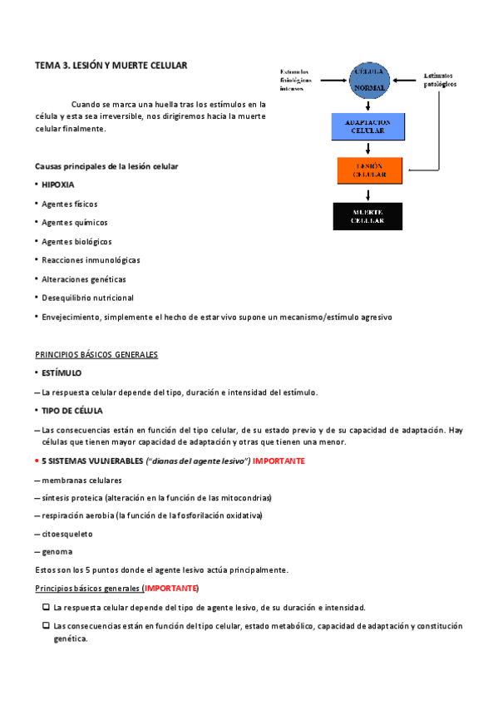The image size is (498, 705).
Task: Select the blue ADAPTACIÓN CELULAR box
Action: [367, 126]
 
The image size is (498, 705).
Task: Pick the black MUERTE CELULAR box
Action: [367, 215]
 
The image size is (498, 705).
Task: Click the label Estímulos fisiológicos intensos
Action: [298, 79]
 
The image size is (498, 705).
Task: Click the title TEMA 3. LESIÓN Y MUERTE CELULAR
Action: [111, 65]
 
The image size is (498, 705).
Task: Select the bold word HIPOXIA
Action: [58, 185]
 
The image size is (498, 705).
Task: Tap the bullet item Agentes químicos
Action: [75, 222]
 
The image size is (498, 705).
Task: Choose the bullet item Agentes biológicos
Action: [76, 241]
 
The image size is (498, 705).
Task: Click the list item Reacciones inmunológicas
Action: [91, 260]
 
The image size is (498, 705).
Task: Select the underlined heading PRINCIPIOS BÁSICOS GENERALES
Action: [96, 355]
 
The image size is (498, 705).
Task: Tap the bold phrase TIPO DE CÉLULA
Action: [72, 411]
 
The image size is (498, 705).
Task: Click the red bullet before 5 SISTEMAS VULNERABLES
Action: [37, 461]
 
